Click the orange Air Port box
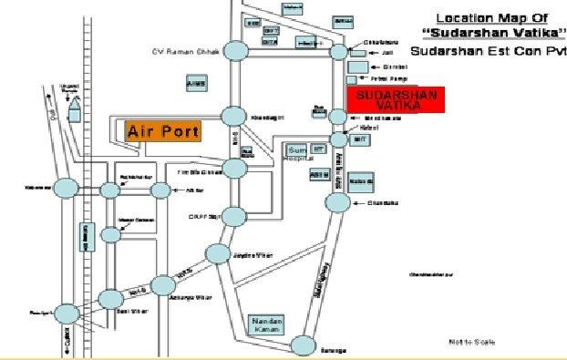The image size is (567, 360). coord(162,131)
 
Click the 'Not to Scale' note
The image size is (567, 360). coord(472,342)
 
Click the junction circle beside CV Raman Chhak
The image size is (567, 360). coord(235,51)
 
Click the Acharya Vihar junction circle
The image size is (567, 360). coord(162,285)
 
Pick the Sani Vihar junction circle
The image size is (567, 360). coord(110,299)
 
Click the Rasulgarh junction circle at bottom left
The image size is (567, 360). coord(67,314)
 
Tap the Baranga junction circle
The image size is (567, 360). coord(303,345)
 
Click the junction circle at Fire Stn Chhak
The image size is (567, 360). coord(235,169)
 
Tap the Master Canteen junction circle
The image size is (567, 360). coord(110,235)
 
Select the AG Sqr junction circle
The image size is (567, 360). coord(160,190)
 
